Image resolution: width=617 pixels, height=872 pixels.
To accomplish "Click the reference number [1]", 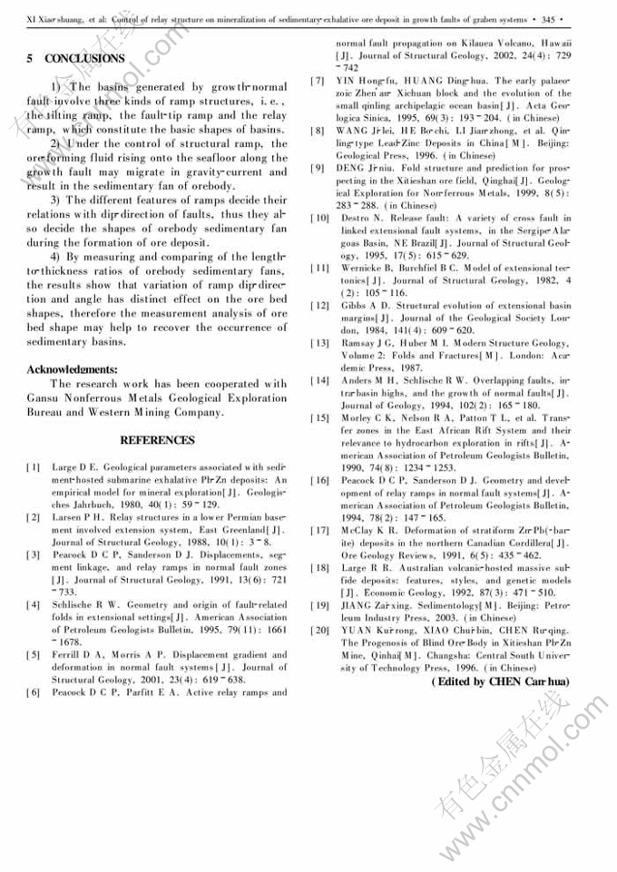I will tap(34, 466).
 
